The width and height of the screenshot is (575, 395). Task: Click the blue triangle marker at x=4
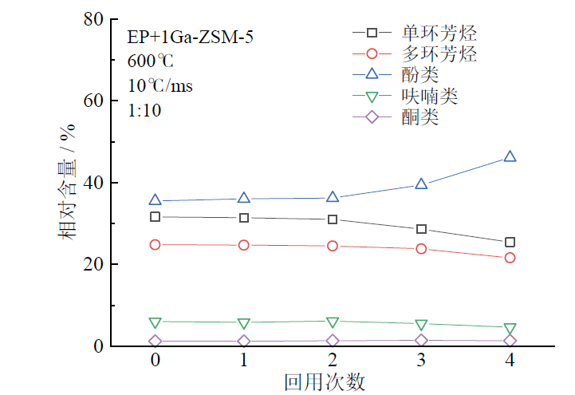coord(510,157)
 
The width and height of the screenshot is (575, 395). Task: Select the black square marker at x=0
coord(156,217)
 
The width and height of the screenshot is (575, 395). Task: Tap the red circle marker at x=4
coord(510,258)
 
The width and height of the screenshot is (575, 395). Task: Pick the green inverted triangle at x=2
coord(333,322)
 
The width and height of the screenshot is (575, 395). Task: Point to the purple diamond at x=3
coord(421,341)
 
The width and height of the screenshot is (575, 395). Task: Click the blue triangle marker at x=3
coord(421,184)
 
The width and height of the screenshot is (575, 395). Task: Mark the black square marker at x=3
coord(421,229)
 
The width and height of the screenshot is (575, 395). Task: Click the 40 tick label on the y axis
coord(94,183)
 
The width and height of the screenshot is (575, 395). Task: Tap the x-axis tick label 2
coord(333,361)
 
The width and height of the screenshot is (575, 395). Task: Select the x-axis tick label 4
coord(510,361)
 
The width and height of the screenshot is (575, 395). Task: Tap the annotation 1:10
coord(144,111)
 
